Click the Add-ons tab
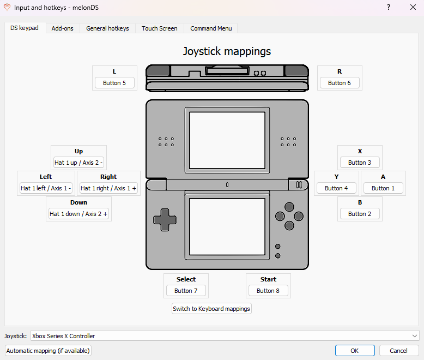[x=62, y=28]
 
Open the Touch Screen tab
[x=159, y=28]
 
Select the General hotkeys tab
[x=107, y=28]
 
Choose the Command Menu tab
[x=211, y=28]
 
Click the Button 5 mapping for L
[x=114, y=83]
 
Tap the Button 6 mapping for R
[x=340, y=83]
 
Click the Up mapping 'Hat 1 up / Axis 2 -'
[x=78, y=163]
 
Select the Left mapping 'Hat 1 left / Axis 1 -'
[x=46, y=188]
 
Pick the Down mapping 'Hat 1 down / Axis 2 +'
[x=78, y=214]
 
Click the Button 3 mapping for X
[x=360, y=163]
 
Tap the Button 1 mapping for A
[x=383, y=188]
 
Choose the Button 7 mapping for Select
[x=186, y=291]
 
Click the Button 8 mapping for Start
[x=268, y=291]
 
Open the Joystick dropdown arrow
[x=415, y=336]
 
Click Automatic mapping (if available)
[x=48, y=351]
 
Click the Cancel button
[x=398, y=351]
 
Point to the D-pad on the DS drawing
[x=165, y=220]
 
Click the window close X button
[x=413, y=7]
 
